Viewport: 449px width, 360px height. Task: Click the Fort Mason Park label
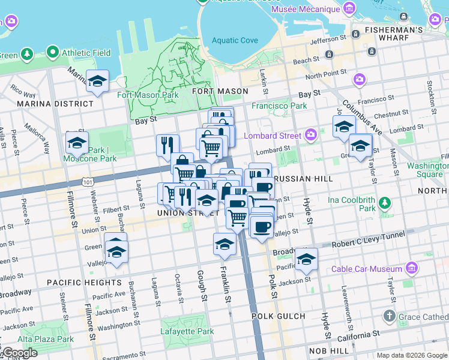coord(148,95)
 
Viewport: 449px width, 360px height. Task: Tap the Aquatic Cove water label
coord(235,41)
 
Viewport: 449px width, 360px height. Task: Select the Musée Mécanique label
coord(306,9)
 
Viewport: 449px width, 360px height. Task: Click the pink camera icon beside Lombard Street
coord(311,134)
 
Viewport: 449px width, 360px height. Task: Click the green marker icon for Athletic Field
coord(53,53)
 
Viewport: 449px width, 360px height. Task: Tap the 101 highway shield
coord(88,181)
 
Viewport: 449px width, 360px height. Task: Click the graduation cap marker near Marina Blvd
coord(97,81)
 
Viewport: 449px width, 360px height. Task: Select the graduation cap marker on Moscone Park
coord(77,143)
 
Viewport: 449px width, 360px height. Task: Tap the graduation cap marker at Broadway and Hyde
coord(306,259)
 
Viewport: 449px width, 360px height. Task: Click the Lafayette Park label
coord(187,331)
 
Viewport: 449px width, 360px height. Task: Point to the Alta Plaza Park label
coord(37,339)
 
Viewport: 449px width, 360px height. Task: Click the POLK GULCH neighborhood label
coord(278,316)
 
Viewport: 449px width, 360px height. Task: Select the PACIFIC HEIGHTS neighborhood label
coord(83,282)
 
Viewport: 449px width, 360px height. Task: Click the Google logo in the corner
coord(19,353)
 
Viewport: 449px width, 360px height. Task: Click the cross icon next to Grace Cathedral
coord(389,316)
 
